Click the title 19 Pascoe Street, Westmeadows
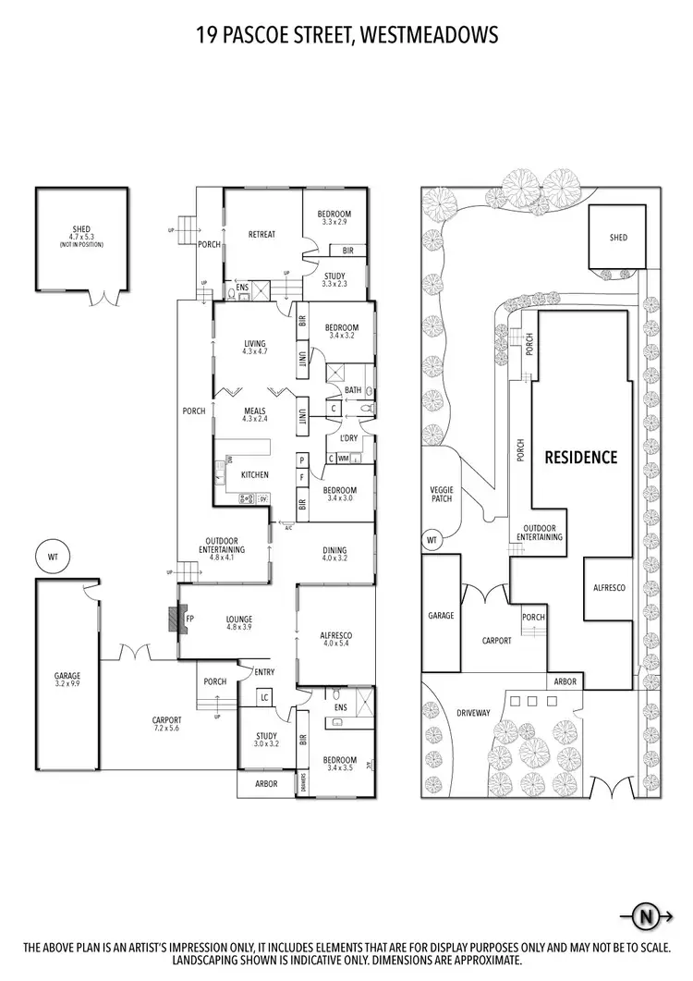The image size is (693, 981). [x=346, y=35]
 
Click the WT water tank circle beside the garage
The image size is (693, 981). [x=53, y=558]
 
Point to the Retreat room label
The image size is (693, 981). [x=261, y=234]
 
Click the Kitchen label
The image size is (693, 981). [x=254, y=474]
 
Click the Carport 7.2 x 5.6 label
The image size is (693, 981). [x=168, y=724]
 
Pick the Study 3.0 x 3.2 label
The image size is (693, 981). [x=266, y=740]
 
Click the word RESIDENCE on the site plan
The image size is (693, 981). [x=580, y=457]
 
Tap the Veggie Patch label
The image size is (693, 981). [x=441, y=493]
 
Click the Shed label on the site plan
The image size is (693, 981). [x=618, y=238]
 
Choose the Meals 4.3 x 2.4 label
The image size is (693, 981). [x=254, y=415]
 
